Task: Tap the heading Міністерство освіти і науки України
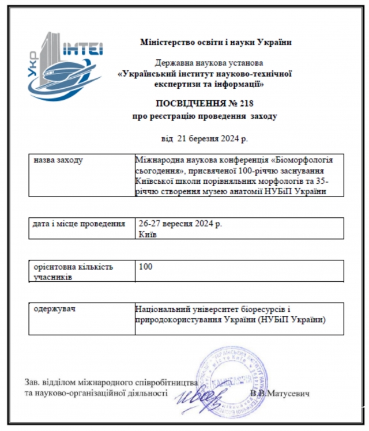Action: [x=216, y=41]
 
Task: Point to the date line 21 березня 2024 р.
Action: [x=205, y=138]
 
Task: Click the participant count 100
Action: [x=146, y=267]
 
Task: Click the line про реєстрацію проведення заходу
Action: [x=205, y=116]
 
